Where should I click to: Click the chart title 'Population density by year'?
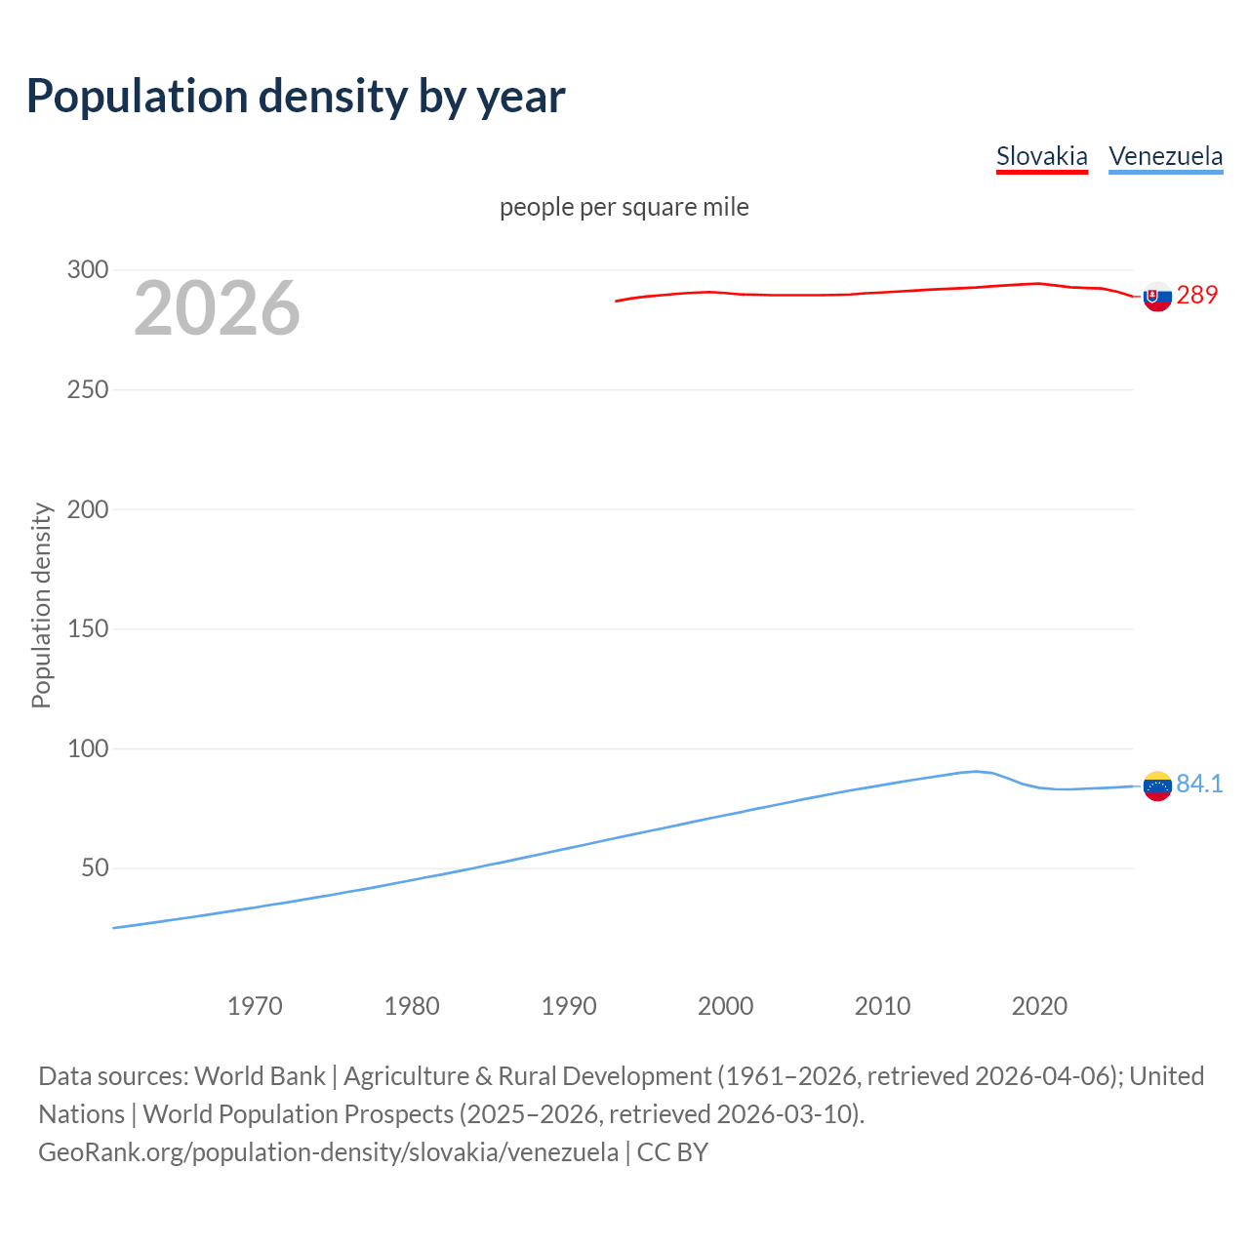pyautogui.click(x=296, y=97)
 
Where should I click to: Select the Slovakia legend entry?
pyautogui.click(x=1041, y=156)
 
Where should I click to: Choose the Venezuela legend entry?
pyautogui.click(x=1165, y=156)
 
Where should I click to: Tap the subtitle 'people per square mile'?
pyautogui.click(x=624, y=207)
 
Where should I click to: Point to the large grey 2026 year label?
pyautogui.click(x=217, y=308)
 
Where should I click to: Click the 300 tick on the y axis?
pyautogui.click(x=88, y=269)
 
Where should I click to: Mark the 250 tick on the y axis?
pyautogui.click(x=88, y=389)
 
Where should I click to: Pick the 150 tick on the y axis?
pyautogui.click(x=88, y=628)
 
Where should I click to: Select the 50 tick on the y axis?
pyautogui.click(x=95, y=867)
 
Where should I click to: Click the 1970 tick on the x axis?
pyautogui.click(x=255, y=1006)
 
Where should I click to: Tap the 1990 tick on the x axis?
pyautogui.click(x=569, y=1006)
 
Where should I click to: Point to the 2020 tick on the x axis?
pyautogui.click(x=1039, y=1006)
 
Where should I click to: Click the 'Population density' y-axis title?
pyautogui.click(x=41, y=605)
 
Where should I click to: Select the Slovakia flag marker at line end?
pyautogui.click(x=1157, y=296)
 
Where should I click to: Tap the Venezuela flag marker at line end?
pyautogui.click(x=1157, y=786)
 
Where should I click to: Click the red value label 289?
pyautogui.click(x=1197, y=295)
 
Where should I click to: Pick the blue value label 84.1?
pyautogui.click(x=1199, y=785)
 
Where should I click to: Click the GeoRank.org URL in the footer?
pyautogui.click(x=328, y=1152)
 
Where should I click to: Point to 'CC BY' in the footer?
pyautogui.click(x=672, y=1152)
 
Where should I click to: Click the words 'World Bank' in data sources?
pyautogui.click(x=260, y=1076)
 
